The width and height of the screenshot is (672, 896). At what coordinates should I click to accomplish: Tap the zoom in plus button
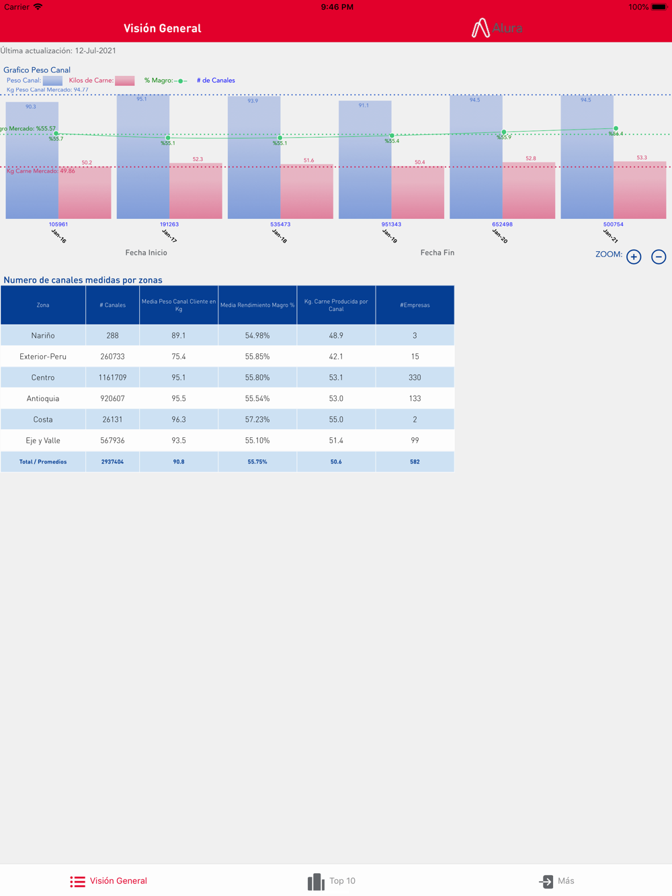click(x=634, y=257)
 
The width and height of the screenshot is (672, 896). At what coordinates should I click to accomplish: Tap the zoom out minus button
click(x=659, y=257)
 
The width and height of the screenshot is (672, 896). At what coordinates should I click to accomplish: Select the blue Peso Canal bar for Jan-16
click(x=32, y=161)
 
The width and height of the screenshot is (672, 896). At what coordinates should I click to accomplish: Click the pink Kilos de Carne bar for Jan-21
click(x=640, y=191)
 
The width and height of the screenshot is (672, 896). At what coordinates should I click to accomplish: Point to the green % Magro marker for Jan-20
click(x=504, y=132)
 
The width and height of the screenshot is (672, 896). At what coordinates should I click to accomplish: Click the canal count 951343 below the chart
click(x=391, y=224)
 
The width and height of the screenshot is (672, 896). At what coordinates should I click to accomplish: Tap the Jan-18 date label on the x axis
click(x=280, y=236)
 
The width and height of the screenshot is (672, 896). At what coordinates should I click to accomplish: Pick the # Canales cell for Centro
click(x=112, y=377)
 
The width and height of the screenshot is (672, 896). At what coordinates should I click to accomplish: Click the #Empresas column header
click(x=415, y=305)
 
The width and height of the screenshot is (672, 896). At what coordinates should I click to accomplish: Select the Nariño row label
click(x=43, y=335)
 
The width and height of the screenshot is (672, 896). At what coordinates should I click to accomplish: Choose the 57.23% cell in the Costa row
click(x=257, y=419)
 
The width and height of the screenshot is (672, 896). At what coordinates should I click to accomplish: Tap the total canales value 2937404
click(x=112, y=461)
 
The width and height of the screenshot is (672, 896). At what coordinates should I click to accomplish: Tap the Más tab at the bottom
click(x=557, y=881)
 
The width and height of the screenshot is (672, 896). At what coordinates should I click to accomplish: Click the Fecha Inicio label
click(x=146, y=253)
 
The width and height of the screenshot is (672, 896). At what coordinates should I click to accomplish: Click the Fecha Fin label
click(x=437, y=253)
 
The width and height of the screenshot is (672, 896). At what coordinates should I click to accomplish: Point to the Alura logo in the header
click(x=497, y=28)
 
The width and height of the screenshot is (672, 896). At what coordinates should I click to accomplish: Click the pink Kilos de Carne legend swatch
click(x=124, y=81)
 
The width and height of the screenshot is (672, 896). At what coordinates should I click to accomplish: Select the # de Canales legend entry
click(x=216, y=81)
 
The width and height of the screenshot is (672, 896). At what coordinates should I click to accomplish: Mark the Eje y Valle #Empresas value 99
click(x=415, y=441)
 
